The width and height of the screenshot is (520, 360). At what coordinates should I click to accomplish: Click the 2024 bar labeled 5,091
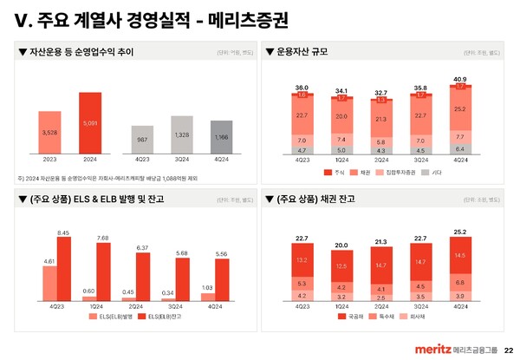(x=90, y=124)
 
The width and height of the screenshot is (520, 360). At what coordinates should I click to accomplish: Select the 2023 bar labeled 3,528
(x=49, y=134)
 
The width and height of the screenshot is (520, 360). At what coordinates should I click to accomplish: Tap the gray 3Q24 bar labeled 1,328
(x=181, y=135)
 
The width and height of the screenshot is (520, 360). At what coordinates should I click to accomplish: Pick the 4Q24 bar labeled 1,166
(x=221, y=137)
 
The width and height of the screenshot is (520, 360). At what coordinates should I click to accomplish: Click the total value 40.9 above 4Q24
(x=459, y=79)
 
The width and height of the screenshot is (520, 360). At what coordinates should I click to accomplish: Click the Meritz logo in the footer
(x=428, y=349)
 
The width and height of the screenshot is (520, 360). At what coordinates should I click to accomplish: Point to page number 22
(x=508, y=349)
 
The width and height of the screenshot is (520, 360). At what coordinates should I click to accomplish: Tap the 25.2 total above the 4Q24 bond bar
(x=459, y=232)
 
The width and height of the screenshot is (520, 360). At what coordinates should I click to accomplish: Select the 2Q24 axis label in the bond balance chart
(x=380, y=307)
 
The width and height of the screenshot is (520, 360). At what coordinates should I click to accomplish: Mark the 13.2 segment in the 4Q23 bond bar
(x=302, y=260)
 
